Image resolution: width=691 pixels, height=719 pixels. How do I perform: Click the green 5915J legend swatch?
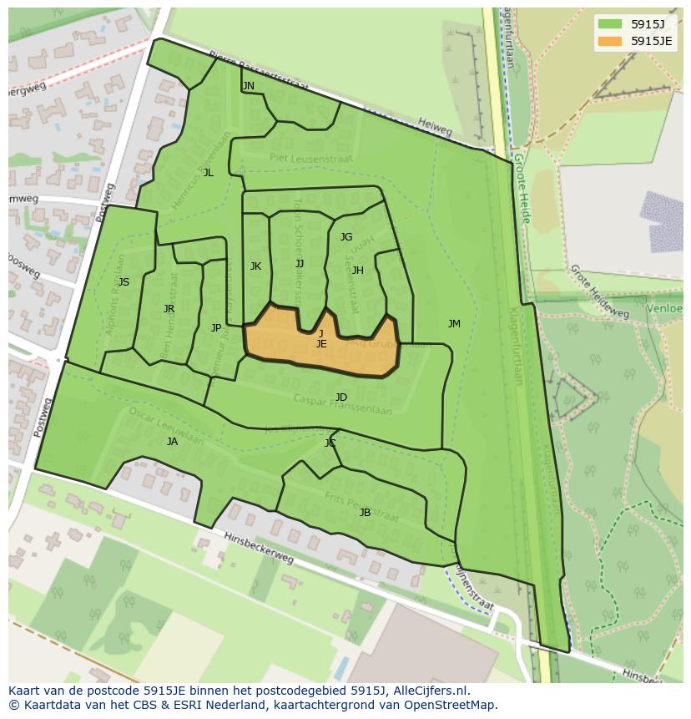pyautogui.click(x=610, y=23)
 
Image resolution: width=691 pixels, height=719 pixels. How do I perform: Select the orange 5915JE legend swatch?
pyautogui.click(x=610, y=40)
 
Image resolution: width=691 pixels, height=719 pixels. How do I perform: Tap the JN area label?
pyautogui.click(x=248, y=86)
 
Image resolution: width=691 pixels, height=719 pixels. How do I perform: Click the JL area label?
pyautogui.click(x=208, y=173)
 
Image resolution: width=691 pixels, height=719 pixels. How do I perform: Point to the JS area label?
pyautogui.click(x=124, y=282)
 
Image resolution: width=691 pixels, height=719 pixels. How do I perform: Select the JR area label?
pyautogui.click(x=169, y=309)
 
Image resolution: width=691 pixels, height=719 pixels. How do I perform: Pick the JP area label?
pyautogui.click(x=216, y=328)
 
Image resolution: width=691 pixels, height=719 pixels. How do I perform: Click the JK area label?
pyautogui.click(x=255, y=266)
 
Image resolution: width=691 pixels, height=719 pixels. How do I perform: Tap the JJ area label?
pyautogui.click(x=300, y=264)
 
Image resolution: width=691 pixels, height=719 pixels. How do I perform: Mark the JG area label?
pyautogui.click(x=346, y=237)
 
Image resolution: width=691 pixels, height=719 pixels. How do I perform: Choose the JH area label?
pyautogui.click(x=357, y=271)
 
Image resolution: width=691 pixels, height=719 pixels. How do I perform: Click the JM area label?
pyautogui.click(x=454, y=324)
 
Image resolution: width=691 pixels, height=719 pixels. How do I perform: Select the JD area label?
pyautogui.click(x=341, y=397)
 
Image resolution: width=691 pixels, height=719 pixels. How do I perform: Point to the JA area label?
pyautogui.click(x=172, y=442)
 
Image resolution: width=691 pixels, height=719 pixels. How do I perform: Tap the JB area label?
pyautogui.click(x=365, y=513)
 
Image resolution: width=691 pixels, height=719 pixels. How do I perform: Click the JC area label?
pyautogui.click(x=330, y=443)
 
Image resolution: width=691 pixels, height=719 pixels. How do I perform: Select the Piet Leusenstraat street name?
pyautogui.click(x=310, y=158)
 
